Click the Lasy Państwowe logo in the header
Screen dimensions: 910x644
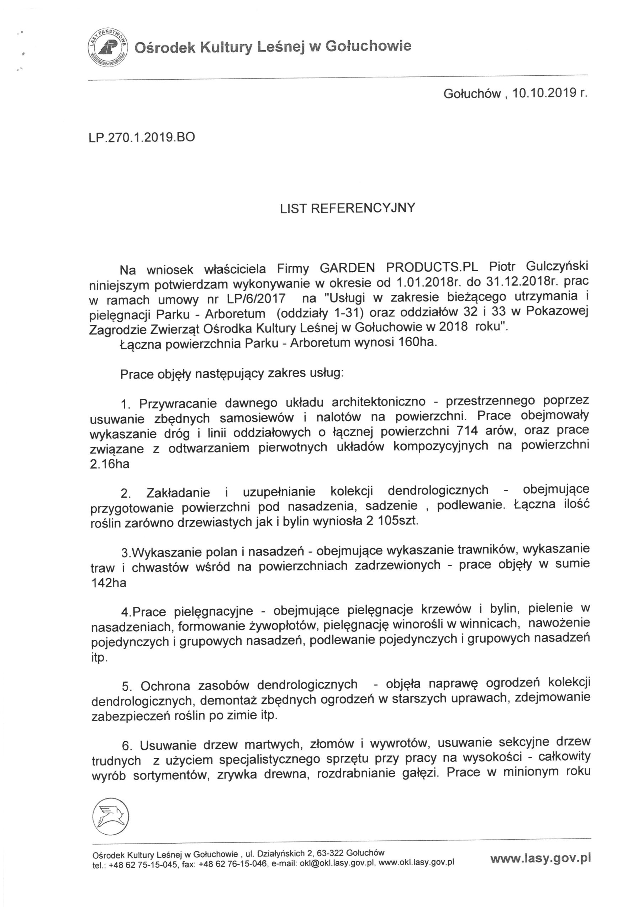point(107,49)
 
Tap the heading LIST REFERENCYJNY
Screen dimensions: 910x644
point(347,208)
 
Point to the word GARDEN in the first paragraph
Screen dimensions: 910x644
point(347,268)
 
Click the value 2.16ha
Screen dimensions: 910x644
point(110,464)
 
